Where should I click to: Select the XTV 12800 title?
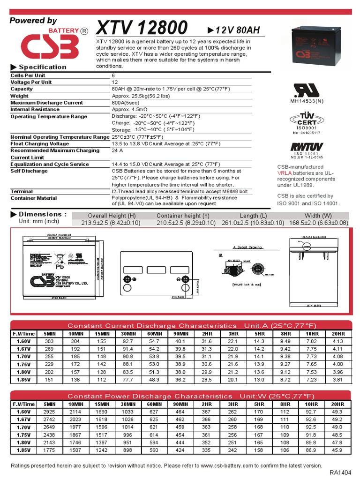[142, 29]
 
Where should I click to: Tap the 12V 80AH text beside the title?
[233, 30]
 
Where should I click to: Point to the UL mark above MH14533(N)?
[307, 90]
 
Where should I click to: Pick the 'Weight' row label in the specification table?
[20, 96]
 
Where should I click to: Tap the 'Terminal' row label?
[22, 191]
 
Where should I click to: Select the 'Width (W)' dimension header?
[319, 216]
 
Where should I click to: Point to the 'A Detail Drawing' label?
[247, 247]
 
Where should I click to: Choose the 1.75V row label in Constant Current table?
[23, 364]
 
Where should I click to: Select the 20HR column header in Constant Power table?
[337, 404]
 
